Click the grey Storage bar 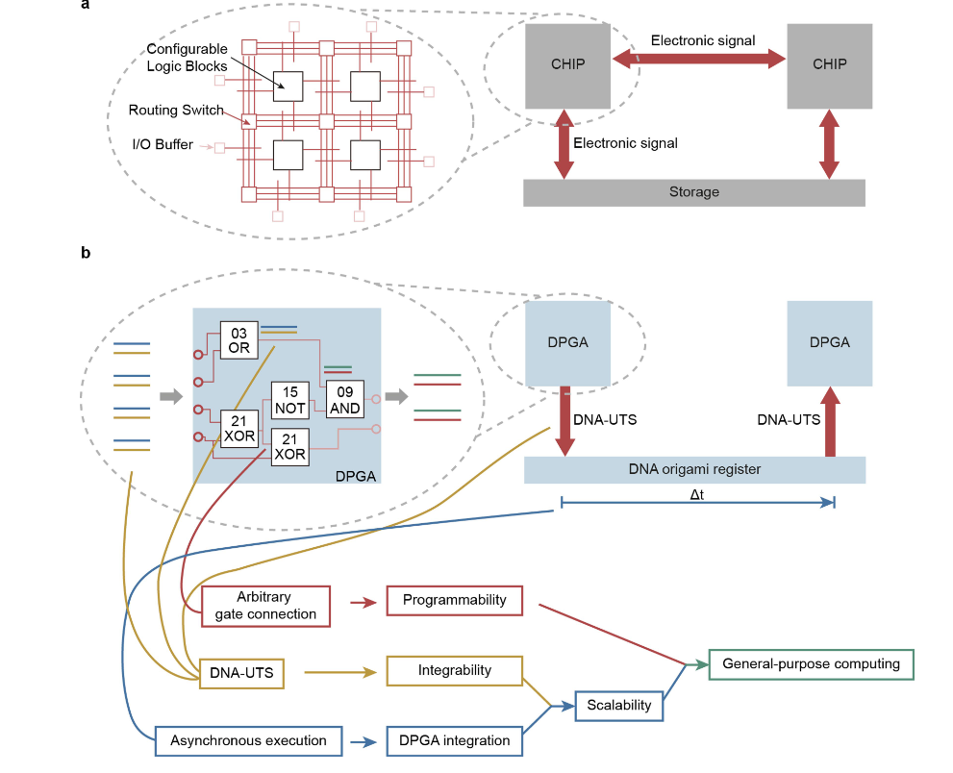click(693, 192)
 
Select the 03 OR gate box click(238, 340)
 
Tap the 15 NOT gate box click(289, 401)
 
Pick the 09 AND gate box click(345, 401)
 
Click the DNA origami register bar click(695, 469)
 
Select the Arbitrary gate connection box click(265, 607)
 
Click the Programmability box click(454, 600)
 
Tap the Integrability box click(454, 670)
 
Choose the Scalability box click(618, 705)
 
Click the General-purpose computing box click(811, 664)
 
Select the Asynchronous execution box click(248, 741)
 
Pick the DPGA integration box click(454, 741)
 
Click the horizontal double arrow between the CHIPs click(701, 61)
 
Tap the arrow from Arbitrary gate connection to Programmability click(362, 602)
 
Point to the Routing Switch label click(176, 111)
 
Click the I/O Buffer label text click(163, 145)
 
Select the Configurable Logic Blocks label click(187, 58)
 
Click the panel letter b click(86, 253)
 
